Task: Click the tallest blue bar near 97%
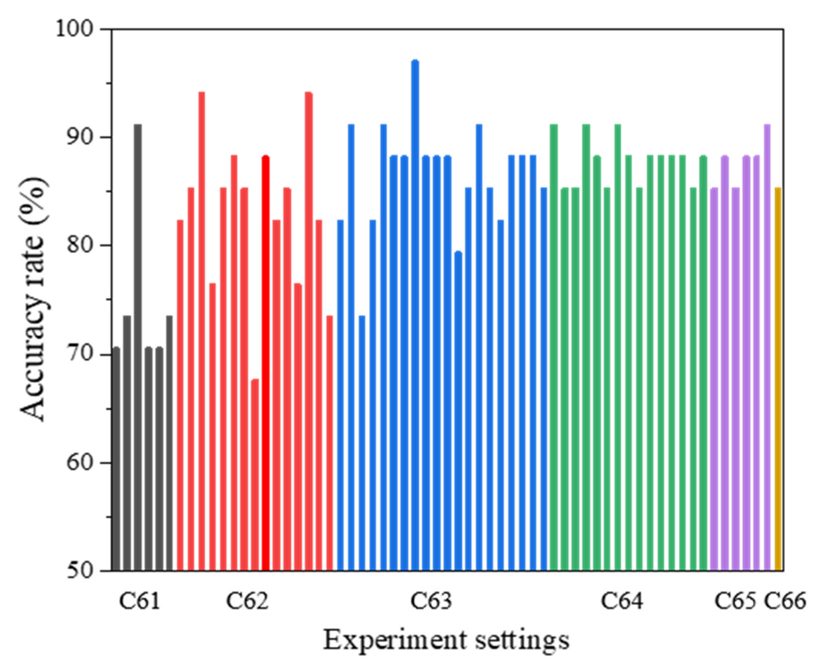(415, 314)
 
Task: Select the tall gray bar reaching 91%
(138, 344)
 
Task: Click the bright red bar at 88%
(266, 363)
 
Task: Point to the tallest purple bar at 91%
(767, 344)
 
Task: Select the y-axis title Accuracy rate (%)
(34, 298)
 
